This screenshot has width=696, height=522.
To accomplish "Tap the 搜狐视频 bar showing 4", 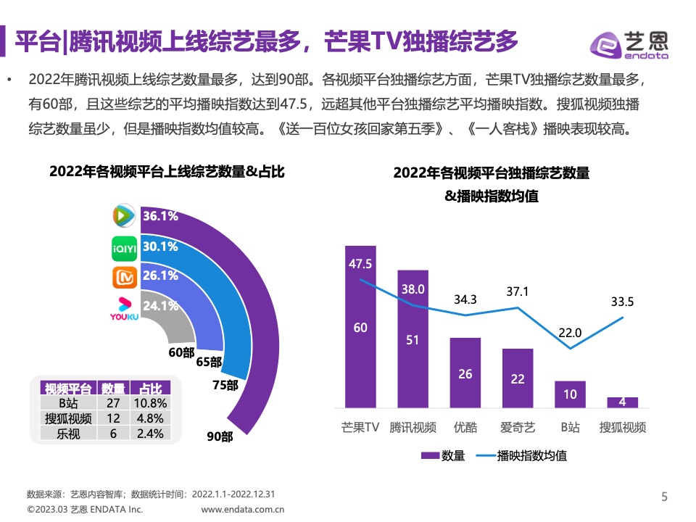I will pos(622,402).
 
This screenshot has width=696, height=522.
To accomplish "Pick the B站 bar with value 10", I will pos(570,394).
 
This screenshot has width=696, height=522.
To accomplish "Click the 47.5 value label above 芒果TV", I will pos(360,264).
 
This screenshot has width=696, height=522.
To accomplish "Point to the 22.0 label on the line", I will pos(570,333).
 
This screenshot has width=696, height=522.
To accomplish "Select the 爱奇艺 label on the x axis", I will pos(517,427).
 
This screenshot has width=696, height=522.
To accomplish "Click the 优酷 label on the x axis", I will pos(465,427).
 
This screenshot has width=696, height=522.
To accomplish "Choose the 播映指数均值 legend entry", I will pos(521,456).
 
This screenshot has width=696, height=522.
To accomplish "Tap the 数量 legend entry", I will pos(442,456).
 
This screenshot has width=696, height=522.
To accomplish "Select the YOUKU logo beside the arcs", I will pos(124,307).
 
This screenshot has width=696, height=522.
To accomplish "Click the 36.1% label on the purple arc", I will pos(160,216).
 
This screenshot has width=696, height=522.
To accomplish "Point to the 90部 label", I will pos(220,436).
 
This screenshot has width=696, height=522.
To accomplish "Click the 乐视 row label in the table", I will pos(68,434).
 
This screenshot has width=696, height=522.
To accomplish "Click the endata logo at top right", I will pos(629,46).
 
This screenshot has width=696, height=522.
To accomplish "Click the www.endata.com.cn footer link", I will pos(242,510).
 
